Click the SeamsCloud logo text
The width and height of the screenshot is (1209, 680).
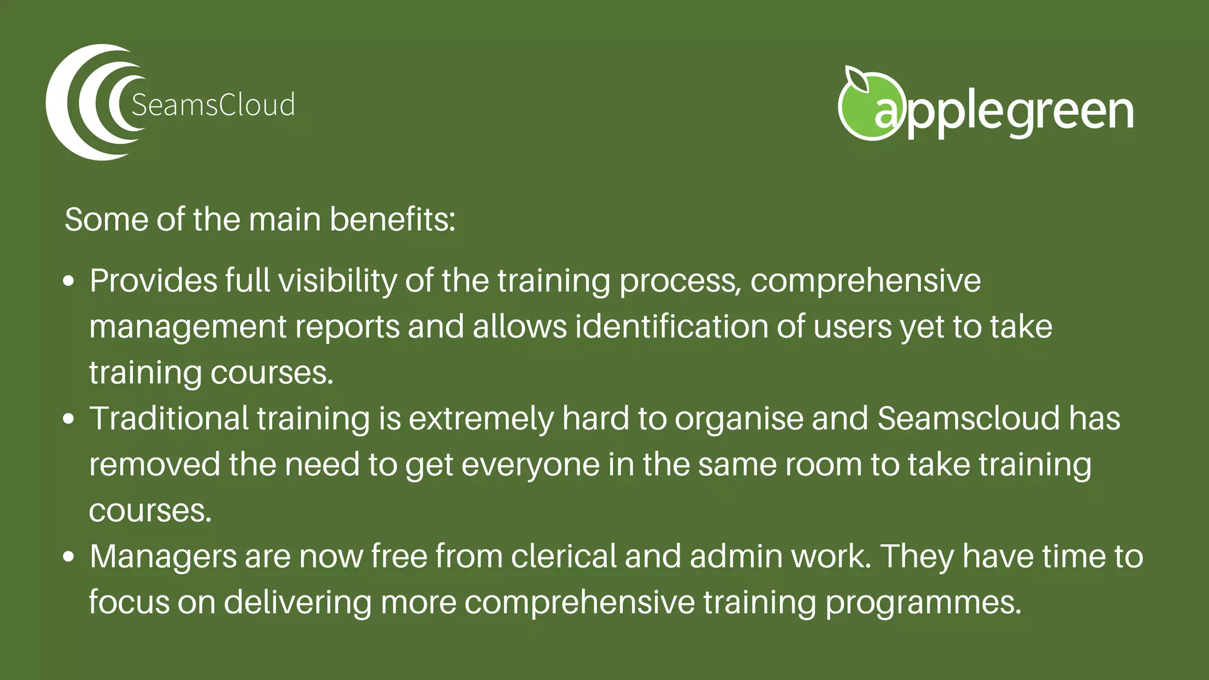[x=213, y=105]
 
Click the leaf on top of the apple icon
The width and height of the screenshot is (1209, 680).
[x=857, y=79]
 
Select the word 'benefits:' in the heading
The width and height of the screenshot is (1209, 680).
[x=392, y=220]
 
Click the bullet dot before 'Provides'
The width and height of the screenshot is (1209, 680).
[x=69, y=281]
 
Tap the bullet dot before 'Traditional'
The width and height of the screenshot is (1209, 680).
[x=69, y=419]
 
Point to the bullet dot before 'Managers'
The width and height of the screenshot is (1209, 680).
[x=69, y=557]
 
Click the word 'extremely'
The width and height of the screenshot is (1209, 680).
[x=481, y=419]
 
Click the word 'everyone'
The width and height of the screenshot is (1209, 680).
[x=530, y=465]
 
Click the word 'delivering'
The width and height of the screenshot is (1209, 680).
[x=298, y=603]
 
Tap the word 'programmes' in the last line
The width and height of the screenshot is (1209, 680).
[x=923, y=603]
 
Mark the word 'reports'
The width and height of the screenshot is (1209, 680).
[x=347, y=328]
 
